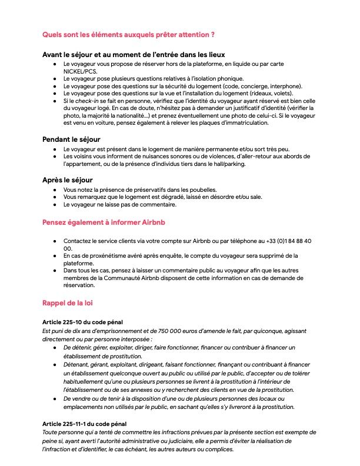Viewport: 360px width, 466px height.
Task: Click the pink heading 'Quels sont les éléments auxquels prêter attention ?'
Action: coord(128,35)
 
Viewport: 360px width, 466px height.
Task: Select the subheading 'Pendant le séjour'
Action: coord(71,139)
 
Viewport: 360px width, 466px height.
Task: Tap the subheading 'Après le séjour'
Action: coord(68,179)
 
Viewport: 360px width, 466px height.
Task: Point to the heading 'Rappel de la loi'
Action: coord(67,302)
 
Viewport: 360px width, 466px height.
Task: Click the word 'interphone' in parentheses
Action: coord(254,86)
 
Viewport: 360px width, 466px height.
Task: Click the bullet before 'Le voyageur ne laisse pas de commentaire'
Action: coord(55,205)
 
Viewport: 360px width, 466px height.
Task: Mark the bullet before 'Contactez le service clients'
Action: coord(55,241)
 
